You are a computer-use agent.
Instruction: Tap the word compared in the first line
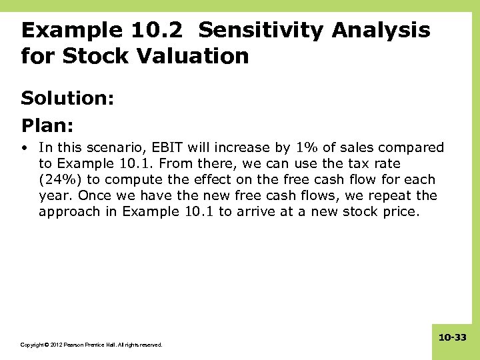coord(414,147)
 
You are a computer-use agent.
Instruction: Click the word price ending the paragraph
coord(397,211)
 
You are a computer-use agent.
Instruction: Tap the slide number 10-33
coord(453,338)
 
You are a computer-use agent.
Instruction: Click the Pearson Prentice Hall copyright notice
coord(91,345)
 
